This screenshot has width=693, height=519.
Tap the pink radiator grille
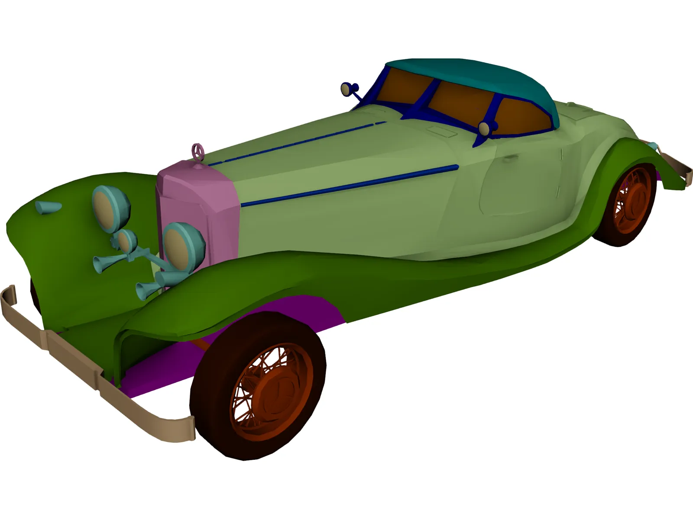[x=197, y=203]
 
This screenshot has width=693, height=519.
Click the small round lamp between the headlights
[x=126, y=242]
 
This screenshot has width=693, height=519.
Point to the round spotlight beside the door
[x=484, y=128]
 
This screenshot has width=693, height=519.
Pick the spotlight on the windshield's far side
[x=346, y=89]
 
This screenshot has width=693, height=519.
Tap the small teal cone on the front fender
[x=47, y=208]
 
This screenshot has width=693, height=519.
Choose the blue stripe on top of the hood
[x=295, y=142]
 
